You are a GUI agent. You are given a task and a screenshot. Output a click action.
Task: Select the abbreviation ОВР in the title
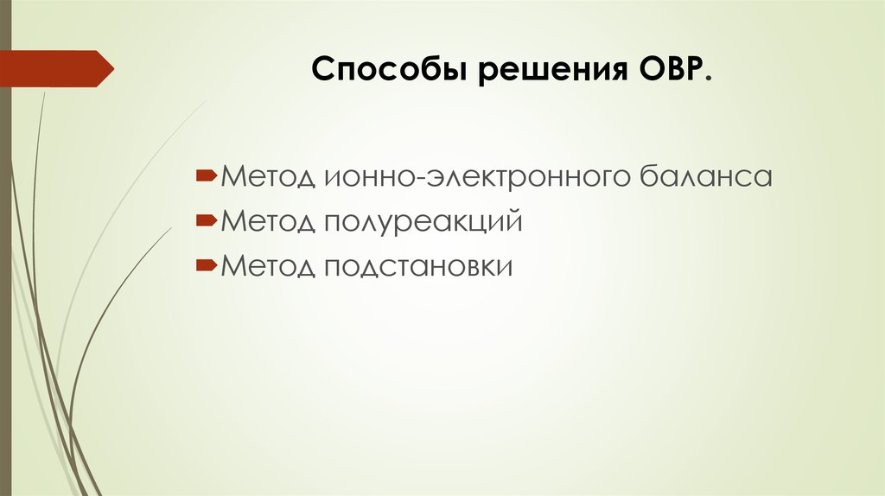[x=671, y=69]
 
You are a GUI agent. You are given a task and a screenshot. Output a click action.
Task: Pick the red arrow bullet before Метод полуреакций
[x=207, y=221]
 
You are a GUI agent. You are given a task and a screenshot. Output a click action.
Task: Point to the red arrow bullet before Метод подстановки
[x=207, y=265]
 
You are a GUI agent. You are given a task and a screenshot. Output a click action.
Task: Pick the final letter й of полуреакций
[x=516, y=221]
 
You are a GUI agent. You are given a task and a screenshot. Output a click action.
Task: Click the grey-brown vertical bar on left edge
[x=5, y=259]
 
